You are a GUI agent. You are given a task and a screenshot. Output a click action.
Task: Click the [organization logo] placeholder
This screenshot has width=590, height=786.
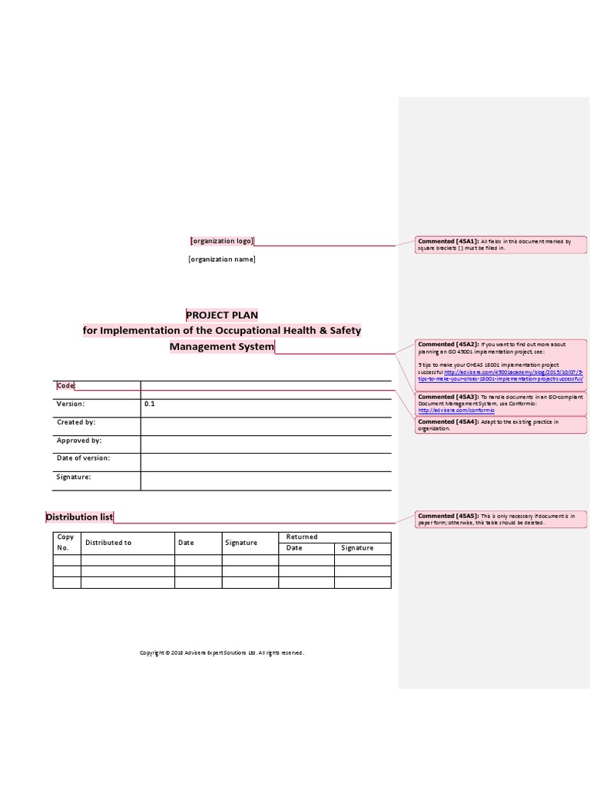(222, 241)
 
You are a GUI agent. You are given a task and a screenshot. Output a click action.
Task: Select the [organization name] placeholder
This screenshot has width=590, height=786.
(222, 259)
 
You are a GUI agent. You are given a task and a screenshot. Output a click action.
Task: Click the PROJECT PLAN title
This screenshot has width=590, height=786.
(222, 315)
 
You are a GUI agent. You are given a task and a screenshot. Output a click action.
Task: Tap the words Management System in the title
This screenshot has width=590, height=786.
(222, 346)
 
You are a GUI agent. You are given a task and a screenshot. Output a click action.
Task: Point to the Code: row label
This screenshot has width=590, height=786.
(66, 385)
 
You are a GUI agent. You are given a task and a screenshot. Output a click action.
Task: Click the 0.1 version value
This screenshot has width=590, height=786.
(149, 403)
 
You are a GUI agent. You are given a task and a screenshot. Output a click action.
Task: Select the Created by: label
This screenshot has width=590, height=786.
(76, 422)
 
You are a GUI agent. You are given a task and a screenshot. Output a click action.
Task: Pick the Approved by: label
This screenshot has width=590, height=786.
(79, 441)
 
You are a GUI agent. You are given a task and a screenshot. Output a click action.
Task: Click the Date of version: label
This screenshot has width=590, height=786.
(83, 458)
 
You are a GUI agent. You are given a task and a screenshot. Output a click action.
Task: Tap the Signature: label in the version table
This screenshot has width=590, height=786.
(75, 477)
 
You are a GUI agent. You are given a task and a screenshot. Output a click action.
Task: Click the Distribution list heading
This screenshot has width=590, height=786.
(80, 517)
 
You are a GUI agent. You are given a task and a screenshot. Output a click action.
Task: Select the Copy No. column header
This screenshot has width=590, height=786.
(66, 543)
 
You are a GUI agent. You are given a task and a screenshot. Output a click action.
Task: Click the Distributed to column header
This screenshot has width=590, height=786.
(108, 543)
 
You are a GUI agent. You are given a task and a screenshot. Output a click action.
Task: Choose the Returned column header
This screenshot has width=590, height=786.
(302, 537)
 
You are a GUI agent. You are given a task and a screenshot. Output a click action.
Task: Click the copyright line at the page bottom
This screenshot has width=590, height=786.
(222, 653)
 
